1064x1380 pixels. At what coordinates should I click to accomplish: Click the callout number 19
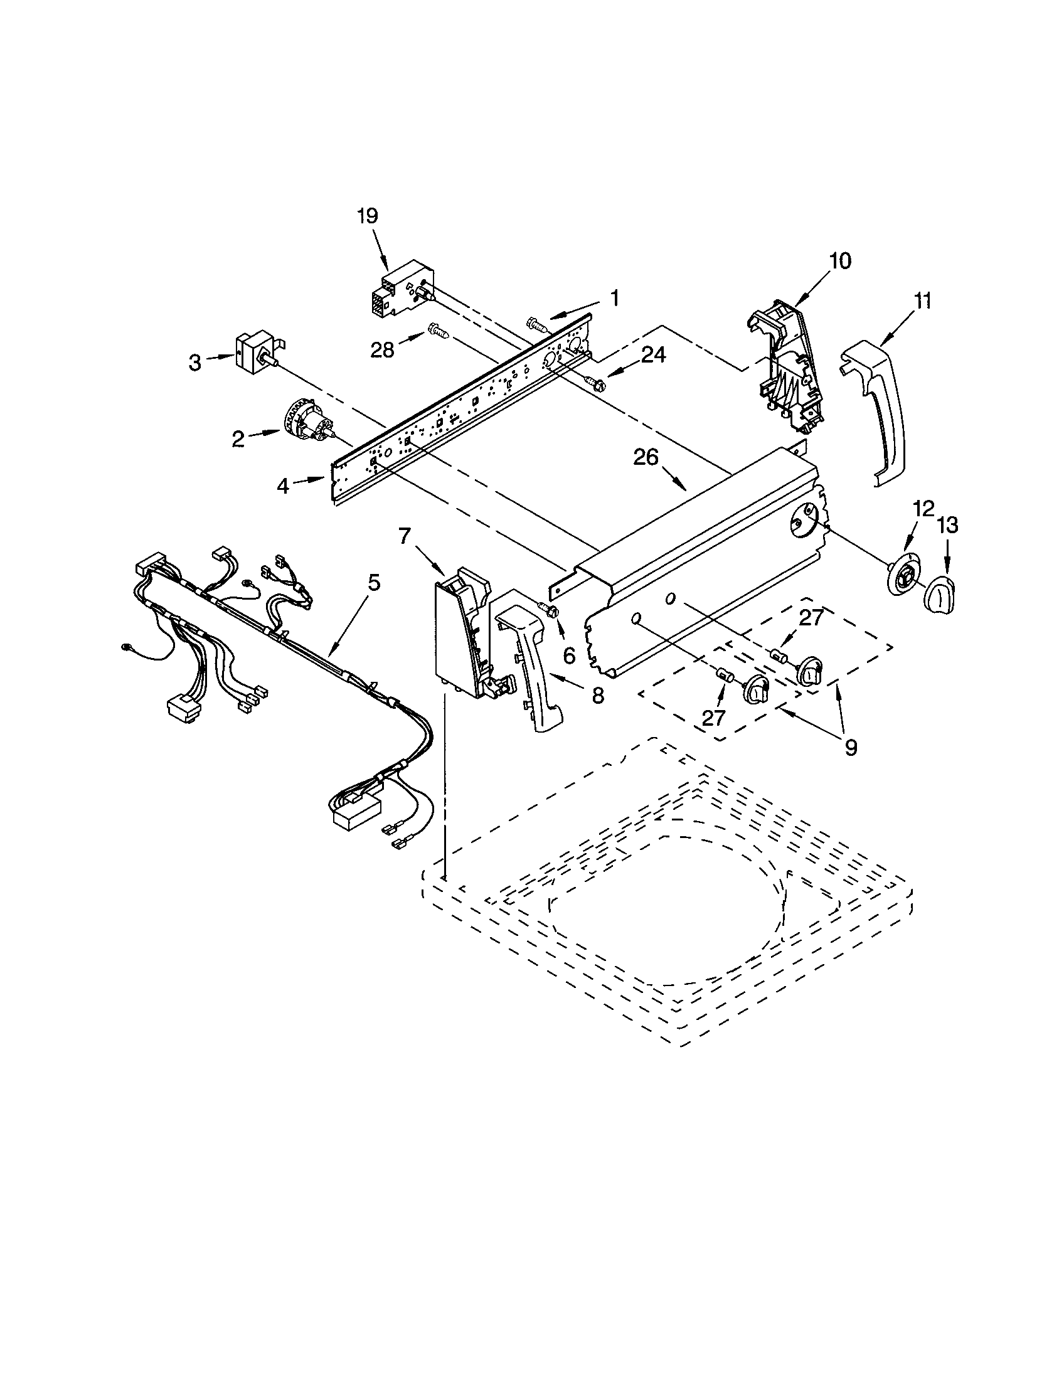click(x=367, y=216)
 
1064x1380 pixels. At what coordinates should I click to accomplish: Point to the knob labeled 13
click(x=940, y=595)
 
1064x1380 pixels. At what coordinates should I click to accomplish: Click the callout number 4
click(x=283, y=486)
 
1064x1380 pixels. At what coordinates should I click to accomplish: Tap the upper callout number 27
click(x=811, y=617)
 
